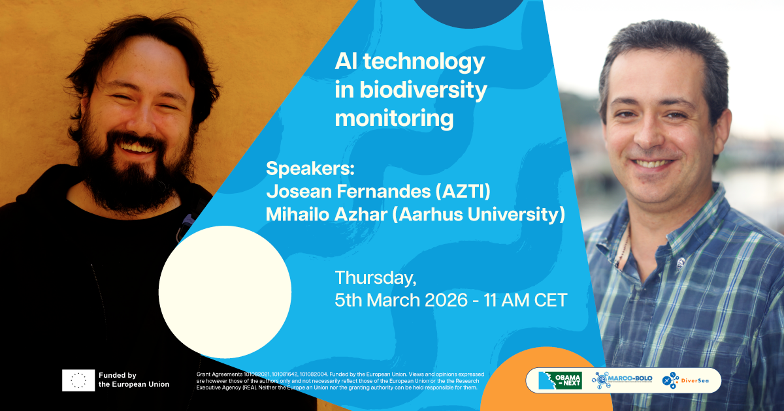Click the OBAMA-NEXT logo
(x=560, y=380)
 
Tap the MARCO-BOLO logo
(x=622, y=380)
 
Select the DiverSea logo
(x=685, y=380)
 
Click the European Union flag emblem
(x=78, y=380)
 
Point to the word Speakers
(x=310, y=168)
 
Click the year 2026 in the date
(x=446, y=300)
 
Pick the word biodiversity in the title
(x=423, y=90)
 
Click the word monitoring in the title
(x=394, y=119)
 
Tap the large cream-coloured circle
(x=225, y=292)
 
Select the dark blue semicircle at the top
(x=469, y=12)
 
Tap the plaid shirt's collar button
(x=680, y=263)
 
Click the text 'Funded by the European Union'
(x=134, y=380)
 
